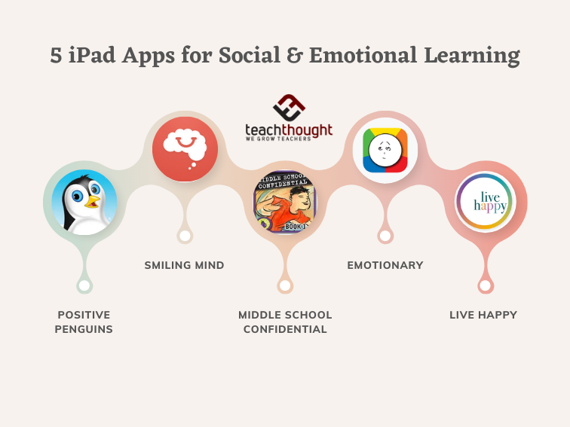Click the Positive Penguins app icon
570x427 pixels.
point(84,202)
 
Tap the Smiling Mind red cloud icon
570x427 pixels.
point(185,149)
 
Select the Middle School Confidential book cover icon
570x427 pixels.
point(285,202)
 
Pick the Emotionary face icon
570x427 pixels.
point(385,148)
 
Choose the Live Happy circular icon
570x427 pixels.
point(485,201)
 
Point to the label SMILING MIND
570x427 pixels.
point(185,265)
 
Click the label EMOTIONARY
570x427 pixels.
point(385,265)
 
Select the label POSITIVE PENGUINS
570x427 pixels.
point(84,322)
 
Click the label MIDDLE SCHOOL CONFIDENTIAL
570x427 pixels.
point(285,322)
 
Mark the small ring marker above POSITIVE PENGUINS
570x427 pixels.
point(84,285)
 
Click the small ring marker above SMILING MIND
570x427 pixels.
point(185,236)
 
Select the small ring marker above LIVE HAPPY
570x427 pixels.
point(485,285)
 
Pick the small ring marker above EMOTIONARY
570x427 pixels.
point(385,236)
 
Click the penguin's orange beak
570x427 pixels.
point(93,202)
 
